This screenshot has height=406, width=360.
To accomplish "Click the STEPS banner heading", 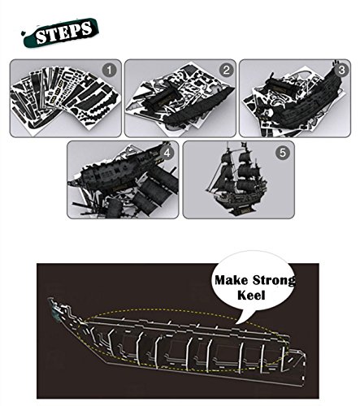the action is (x=64, y=32).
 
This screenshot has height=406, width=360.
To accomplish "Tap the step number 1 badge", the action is (x=109, y=71).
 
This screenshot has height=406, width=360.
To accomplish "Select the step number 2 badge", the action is (x=226, y=71).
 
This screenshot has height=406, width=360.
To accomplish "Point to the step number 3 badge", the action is (x=341, y=70).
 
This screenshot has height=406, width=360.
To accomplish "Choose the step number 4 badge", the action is (x=167, y=153).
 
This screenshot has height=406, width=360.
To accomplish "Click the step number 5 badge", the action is (x=283, y=153).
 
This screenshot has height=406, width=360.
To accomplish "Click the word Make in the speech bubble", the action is (x=231, y=280).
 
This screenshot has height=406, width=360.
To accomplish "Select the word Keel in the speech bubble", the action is (x=251, y=295).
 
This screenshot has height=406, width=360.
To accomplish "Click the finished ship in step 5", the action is (x=234, y=179).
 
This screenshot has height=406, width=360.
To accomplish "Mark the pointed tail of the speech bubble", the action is (x=236, y=323).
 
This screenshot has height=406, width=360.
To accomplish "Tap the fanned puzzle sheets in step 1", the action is (x=65, y=97).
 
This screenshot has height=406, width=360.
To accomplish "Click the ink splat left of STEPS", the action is (x=24, y=33).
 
